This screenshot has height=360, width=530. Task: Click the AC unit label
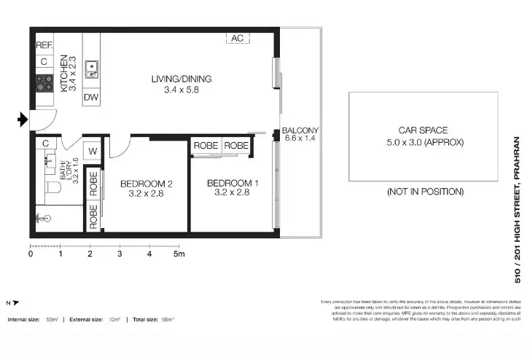(x=237, y=38)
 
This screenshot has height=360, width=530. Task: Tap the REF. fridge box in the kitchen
(x=44, y=45)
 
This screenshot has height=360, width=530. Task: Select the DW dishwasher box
(x=91, y=97)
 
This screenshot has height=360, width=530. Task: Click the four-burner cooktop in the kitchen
(x=44, y=83)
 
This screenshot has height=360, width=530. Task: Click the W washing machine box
(x=93, y=152)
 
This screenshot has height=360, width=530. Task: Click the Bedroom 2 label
(x=146, y=184)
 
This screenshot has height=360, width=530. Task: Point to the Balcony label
(x=300, y=131)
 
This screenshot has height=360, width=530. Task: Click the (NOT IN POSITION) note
(x=425, y=192)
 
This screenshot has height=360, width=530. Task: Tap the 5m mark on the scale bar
(x=179, y=254)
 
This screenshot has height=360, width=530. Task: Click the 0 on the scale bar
(x=31, y=254)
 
